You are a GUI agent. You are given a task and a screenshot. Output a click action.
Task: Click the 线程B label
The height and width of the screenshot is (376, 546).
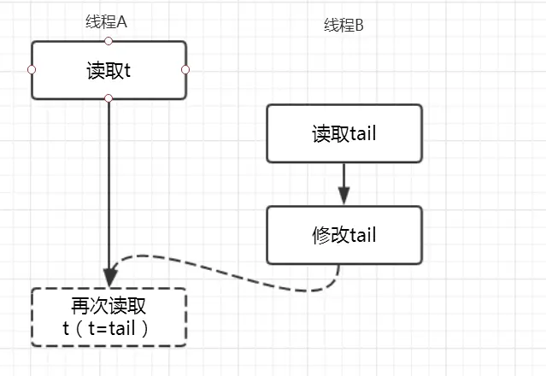(x=343, y=26)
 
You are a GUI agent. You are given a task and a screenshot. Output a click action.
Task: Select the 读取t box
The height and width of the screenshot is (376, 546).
(x=109, y=70)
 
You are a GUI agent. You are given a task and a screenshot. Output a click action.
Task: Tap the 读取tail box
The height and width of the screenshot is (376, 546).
(x=343, y=133)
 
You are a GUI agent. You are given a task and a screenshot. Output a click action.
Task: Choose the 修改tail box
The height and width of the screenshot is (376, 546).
(x=343, y=235)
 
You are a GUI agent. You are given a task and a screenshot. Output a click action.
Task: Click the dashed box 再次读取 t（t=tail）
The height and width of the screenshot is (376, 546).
(x=109, y=317)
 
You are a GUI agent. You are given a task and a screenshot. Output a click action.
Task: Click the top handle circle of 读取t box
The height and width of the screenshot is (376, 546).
(x=109, y=40)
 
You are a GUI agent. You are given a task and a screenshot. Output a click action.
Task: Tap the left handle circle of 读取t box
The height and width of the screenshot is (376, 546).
(x=32, y=69)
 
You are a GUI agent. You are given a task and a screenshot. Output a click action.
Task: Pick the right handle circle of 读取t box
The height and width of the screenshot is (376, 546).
(x=185, y=69)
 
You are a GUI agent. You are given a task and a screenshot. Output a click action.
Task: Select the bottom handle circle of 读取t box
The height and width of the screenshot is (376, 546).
(x=109, y=99)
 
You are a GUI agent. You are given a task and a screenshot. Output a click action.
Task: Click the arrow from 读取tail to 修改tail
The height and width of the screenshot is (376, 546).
(x=343, y=181)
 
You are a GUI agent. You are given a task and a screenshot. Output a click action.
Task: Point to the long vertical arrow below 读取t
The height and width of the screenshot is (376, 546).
(x=109, y=188)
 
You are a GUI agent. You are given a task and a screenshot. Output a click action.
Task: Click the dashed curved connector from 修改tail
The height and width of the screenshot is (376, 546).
(x=231, y=272)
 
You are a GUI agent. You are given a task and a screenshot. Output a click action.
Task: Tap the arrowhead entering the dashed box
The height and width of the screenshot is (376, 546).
(x=109, y=279)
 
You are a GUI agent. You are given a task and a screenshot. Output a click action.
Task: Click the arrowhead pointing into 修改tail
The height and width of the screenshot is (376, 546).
(x=343, y=197)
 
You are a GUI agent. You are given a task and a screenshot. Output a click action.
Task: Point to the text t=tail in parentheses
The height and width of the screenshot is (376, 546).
(x=116, y=327)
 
